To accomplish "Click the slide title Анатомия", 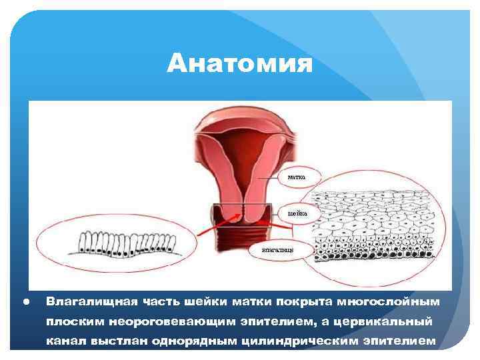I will coord(240,65).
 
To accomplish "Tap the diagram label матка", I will coord(297,178).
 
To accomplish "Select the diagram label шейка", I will coord(297,214).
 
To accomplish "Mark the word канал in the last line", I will coord(65,343).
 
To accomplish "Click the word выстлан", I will coord(113,343).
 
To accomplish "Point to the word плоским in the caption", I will coord(70,322).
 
